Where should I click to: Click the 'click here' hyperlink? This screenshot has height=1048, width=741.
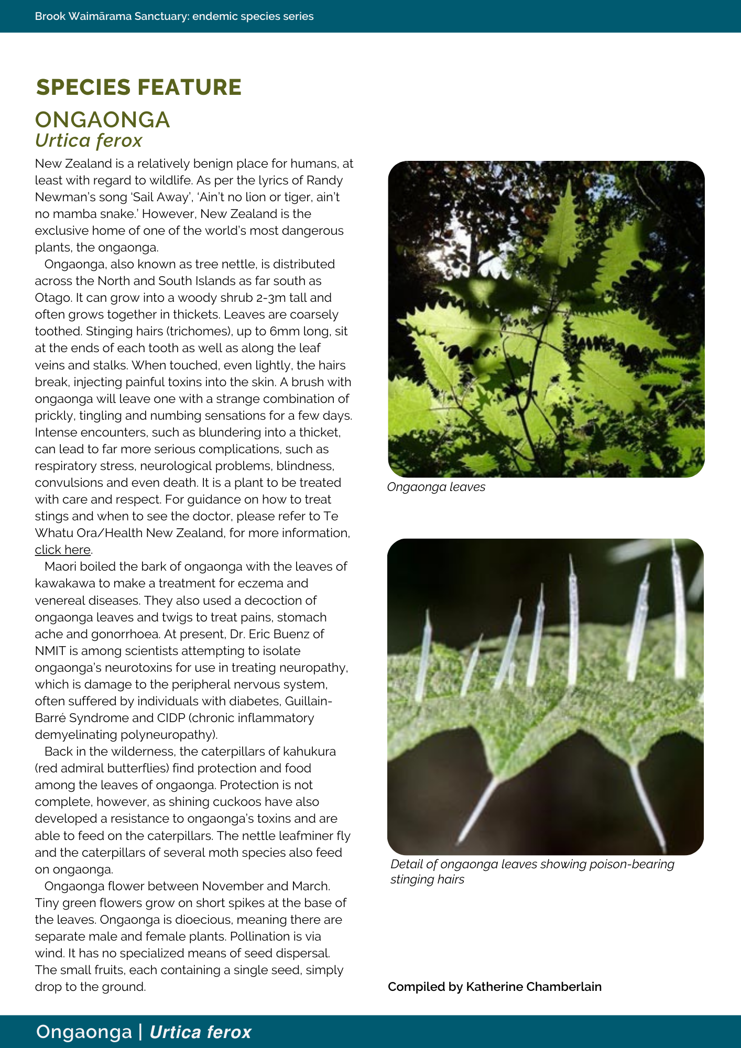(x=63, y=550)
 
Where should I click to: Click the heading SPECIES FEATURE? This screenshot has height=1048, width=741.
(x=138, y=87)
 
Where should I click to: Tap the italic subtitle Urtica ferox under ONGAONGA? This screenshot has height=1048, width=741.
(x=89, y=140)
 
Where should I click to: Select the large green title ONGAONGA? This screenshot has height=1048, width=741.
(x=102, y=119)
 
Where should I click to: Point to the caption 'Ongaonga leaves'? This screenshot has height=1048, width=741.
(x=436, y=487)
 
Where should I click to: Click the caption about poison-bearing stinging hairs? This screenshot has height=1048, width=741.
(x=532, y=871)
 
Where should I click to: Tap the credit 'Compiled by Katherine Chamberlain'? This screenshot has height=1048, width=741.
(x=494, y=987)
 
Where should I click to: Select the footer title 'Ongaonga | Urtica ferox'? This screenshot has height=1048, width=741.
(x=144, y=1032)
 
